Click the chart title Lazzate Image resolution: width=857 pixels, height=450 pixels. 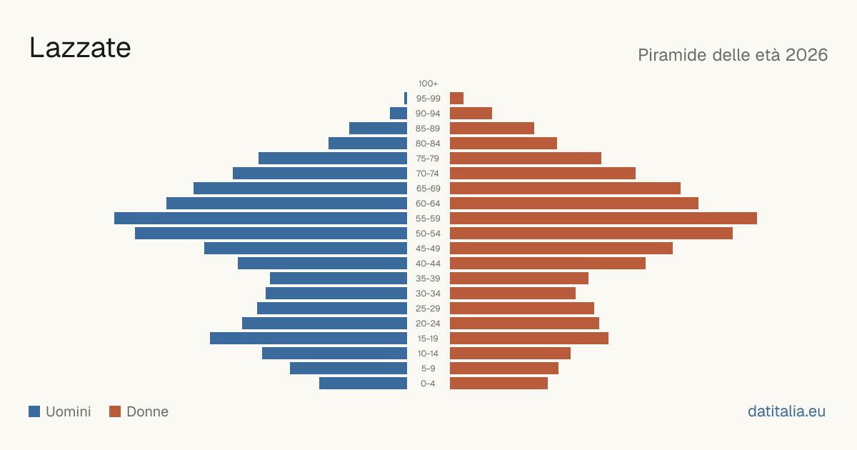point(80,48)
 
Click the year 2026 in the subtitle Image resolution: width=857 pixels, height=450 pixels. point(806,55)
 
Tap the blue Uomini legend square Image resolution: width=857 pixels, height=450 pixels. point(34,411)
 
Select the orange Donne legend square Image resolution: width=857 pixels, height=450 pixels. point(115,411)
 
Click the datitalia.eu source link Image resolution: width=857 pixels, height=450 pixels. point(786,411)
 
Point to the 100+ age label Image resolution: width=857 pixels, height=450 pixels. point(428,84)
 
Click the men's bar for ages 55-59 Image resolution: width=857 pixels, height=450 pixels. point(261,218)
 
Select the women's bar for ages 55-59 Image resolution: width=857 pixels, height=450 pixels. point(603,218)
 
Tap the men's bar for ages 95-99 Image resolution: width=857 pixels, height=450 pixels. point(406,99)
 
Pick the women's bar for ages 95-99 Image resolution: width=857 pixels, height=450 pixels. point(456,99)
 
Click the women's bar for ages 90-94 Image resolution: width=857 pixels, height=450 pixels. point(471,114)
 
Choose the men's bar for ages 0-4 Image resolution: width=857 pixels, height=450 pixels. point(363,383)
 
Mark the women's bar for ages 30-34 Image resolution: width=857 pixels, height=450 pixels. point(513,293)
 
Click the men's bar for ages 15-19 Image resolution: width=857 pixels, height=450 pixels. point(309,339)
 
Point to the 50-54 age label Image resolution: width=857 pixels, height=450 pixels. point(428,234)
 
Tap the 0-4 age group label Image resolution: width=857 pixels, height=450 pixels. point(428,384)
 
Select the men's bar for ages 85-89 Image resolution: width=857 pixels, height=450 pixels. point(378,128)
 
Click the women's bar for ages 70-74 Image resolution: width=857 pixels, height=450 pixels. point(543,173)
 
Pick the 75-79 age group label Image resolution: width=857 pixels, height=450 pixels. point(428,159)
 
